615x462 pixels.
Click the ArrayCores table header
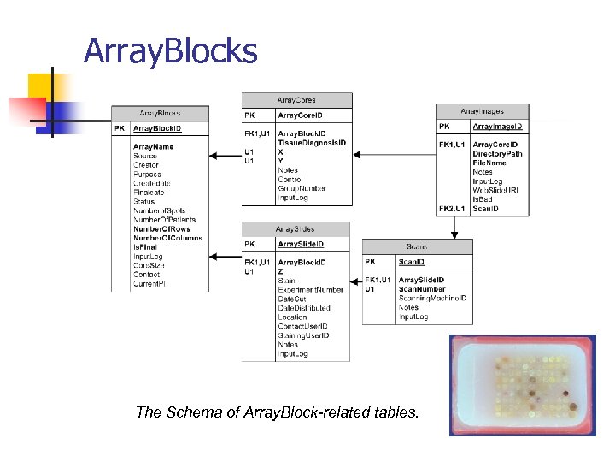296,100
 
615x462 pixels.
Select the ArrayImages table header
482,111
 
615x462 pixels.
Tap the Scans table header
417,246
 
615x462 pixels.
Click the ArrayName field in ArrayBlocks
153,147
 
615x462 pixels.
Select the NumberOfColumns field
167,238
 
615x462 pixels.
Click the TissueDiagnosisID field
312,143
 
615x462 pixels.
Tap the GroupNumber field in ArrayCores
302,188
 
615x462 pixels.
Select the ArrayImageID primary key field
497,127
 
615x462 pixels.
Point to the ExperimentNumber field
309,290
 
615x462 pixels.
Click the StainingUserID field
303,335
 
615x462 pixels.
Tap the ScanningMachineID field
432,299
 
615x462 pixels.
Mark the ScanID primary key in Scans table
412,263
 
